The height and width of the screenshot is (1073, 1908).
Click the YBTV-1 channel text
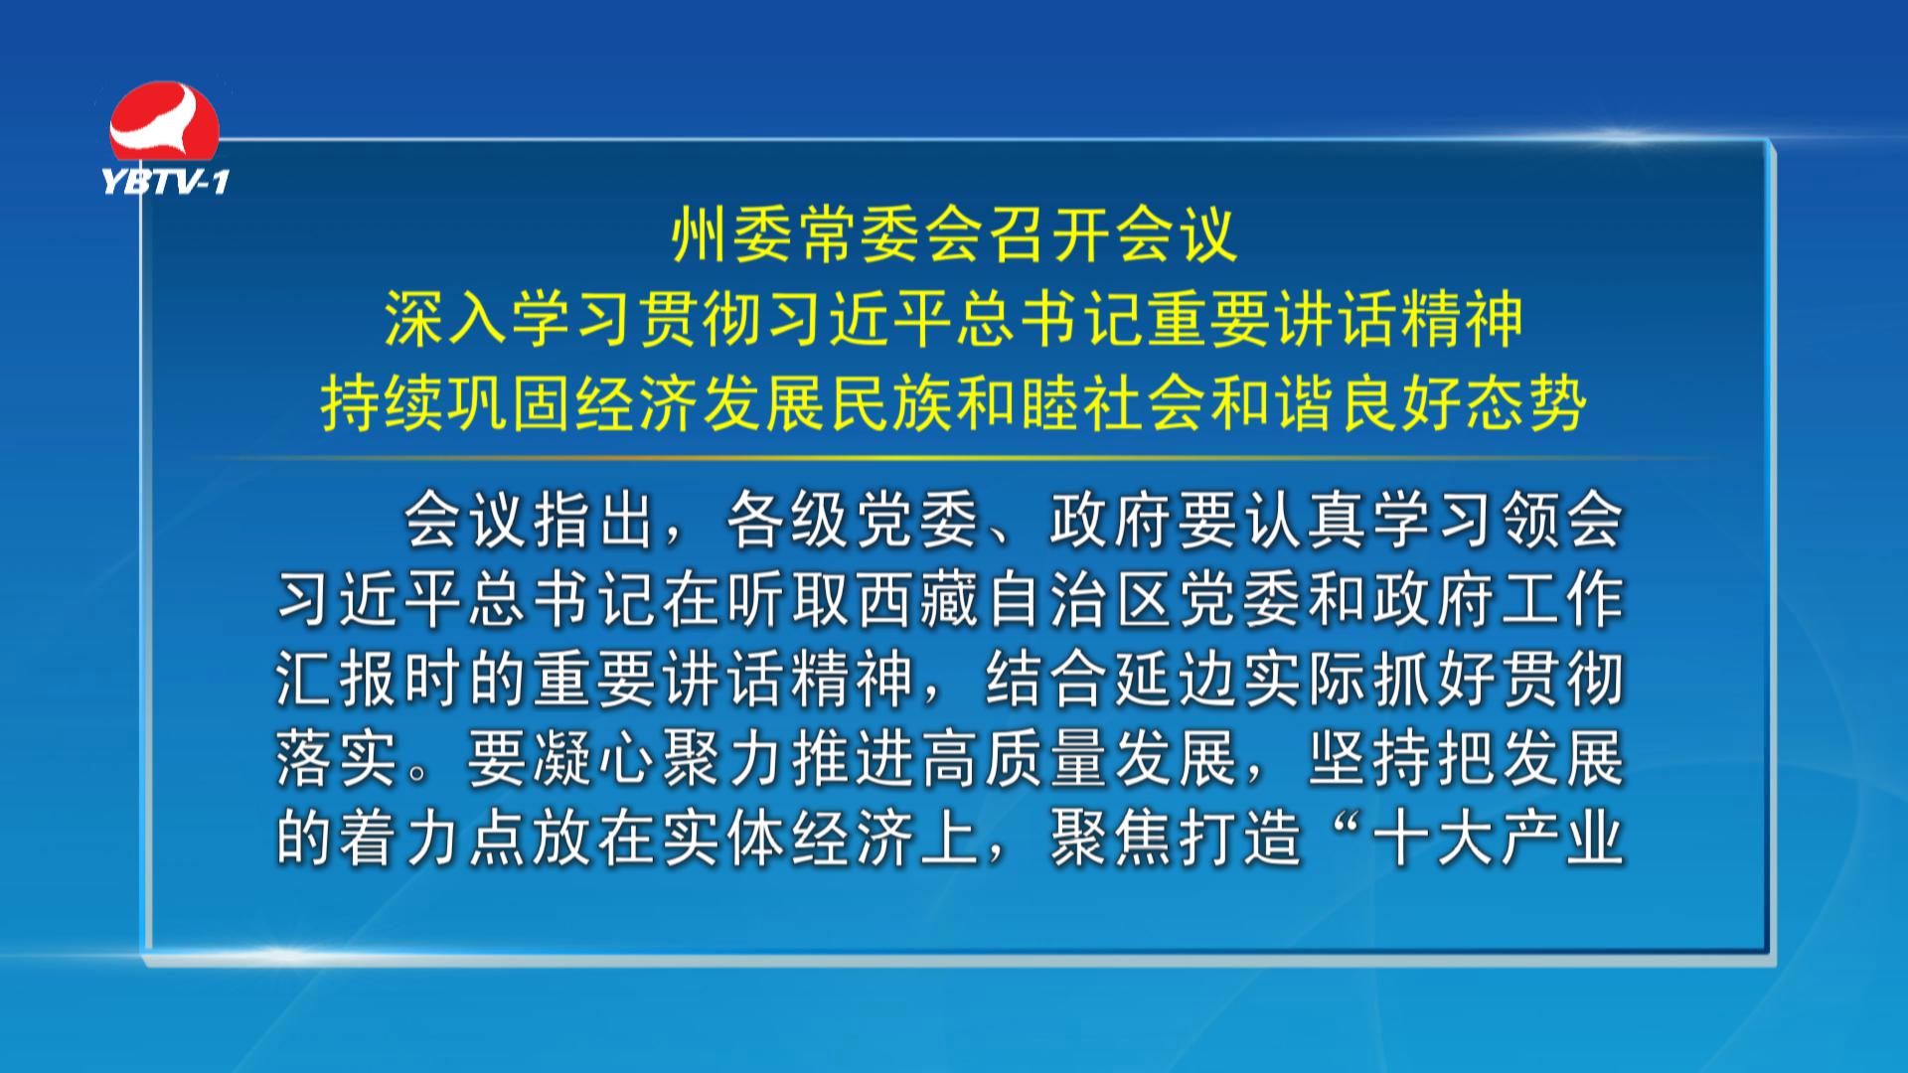(166, 181)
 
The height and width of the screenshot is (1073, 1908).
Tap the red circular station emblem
(164, 122)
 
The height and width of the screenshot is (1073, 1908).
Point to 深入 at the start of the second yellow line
(446, 319)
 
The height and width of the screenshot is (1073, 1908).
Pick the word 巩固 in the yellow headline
(510, 403)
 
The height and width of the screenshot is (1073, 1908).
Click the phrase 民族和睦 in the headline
(955, 403)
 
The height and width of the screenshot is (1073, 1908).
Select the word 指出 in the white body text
(594, 521)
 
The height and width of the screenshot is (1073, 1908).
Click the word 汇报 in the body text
(338, 681)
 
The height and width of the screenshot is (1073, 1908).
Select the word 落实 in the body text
(338, 759)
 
